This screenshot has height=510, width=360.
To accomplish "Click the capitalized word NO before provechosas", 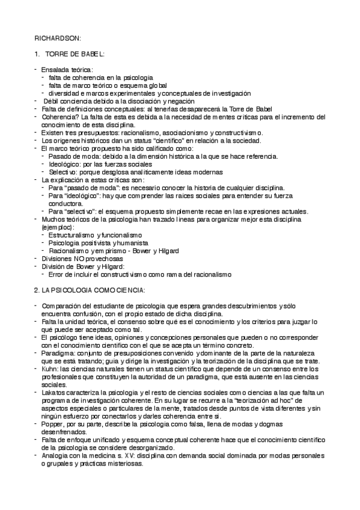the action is [80, 257].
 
